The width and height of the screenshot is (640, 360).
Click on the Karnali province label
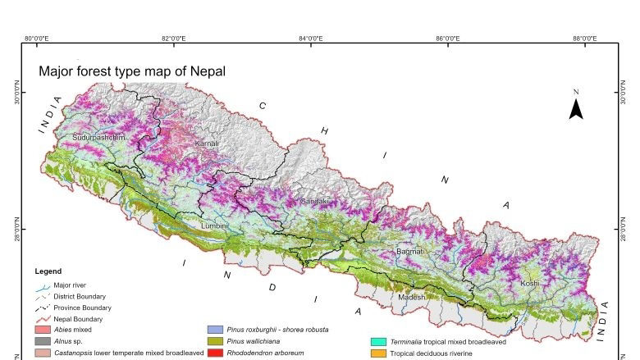click(207, 144)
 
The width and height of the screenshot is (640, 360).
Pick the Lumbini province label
click(214, 224)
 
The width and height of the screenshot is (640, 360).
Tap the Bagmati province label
click(409, 251)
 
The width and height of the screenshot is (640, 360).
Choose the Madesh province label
click(412, 296)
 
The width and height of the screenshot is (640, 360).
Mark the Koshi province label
click(529, 283)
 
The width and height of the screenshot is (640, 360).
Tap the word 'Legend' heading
click(48, 271)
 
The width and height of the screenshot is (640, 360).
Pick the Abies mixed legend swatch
click(43, 330)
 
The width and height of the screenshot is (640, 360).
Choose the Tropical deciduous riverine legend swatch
click(377, 353)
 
